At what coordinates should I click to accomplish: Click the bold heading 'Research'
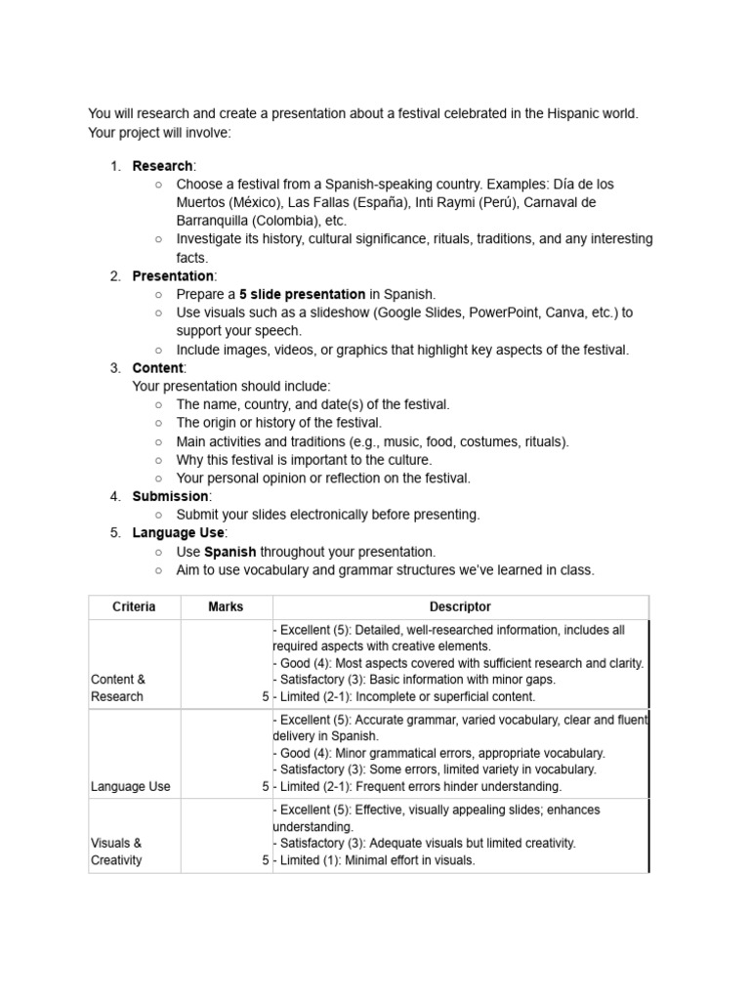(x=162, y=166)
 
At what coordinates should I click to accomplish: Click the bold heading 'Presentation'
(x=173, y=276)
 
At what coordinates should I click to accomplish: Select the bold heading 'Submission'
(x=170, y=496)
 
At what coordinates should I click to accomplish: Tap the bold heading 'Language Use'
(x=178, y=532)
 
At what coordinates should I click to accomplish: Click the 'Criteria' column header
(x=134, y=607)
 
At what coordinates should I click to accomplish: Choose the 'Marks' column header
(x=226, y=607)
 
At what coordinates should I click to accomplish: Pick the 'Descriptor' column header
(x=460, y=607)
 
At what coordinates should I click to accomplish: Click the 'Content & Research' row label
(x=117, y=687)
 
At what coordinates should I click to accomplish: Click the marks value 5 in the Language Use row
(x=265, y=786)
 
